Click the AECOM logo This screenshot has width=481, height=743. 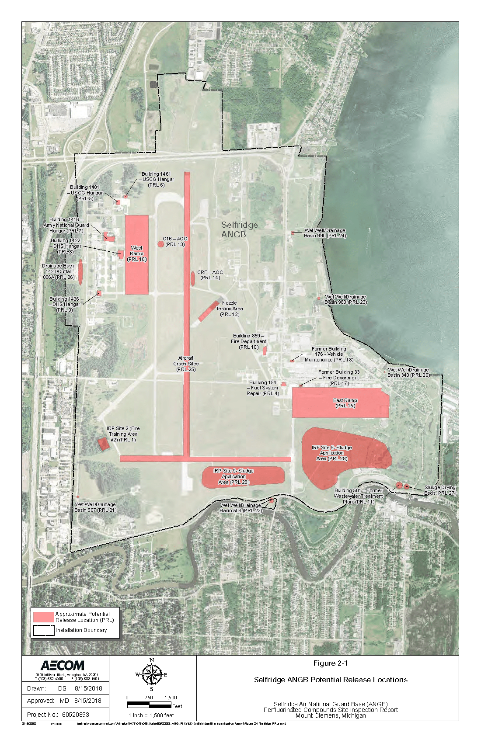pyautogui.click(x=63, y=665)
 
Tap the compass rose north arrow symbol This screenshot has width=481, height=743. pyautogui.click(x=151, y=674)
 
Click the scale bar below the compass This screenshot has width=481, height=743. pyautogui.click(x=149, y=705)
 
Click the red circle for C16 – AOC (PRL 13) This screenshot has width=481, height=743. pyautogui.click(x=161, y=244)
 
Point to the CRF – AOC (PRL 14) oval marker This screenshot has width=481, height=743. pyautogui.click(x=193, y=278)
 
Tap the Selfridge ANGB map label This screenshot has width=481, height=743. pyautogui.click(x=239, y=229)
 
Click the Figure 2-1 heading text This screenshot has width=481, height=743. pyautogui.click(x=330, y=663)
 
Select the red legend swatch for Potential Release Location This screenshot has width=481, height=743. pyautogui.click(x=43, y=617)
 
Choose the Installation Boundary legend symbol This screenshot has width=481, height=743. pyautogui.click(x=43, y=630)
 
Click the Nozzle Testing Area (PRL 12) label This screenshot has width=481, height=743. pyautogui.click(x=230, y=309)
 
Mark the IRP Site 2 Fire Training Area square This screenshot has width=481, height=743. pyautogui.click(x=103, y=444)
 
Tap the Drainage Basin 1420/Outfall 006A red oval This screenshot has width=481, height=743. pyautogui.click(x=80, y=274)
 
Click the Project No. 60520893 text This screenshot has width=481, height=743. pyautogui.click(x=58, y=715)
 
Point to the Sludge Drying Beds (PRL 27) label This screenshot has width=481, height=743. pyautogui.click(x=440, y=490)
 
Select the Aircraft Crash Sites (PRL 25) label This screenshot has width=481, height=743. pyautogui.click(x=186, y=364)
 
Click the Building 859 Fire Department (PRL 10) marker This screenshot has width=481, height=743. pyautogui.click(x=265, y=351)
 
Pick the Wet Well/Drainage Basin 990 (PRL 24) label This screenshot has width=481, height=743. pyautogui.click(x=325, y=233)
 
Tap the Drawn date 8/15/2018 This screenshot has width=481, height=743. pyautogui.click(x=88, y=688)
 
